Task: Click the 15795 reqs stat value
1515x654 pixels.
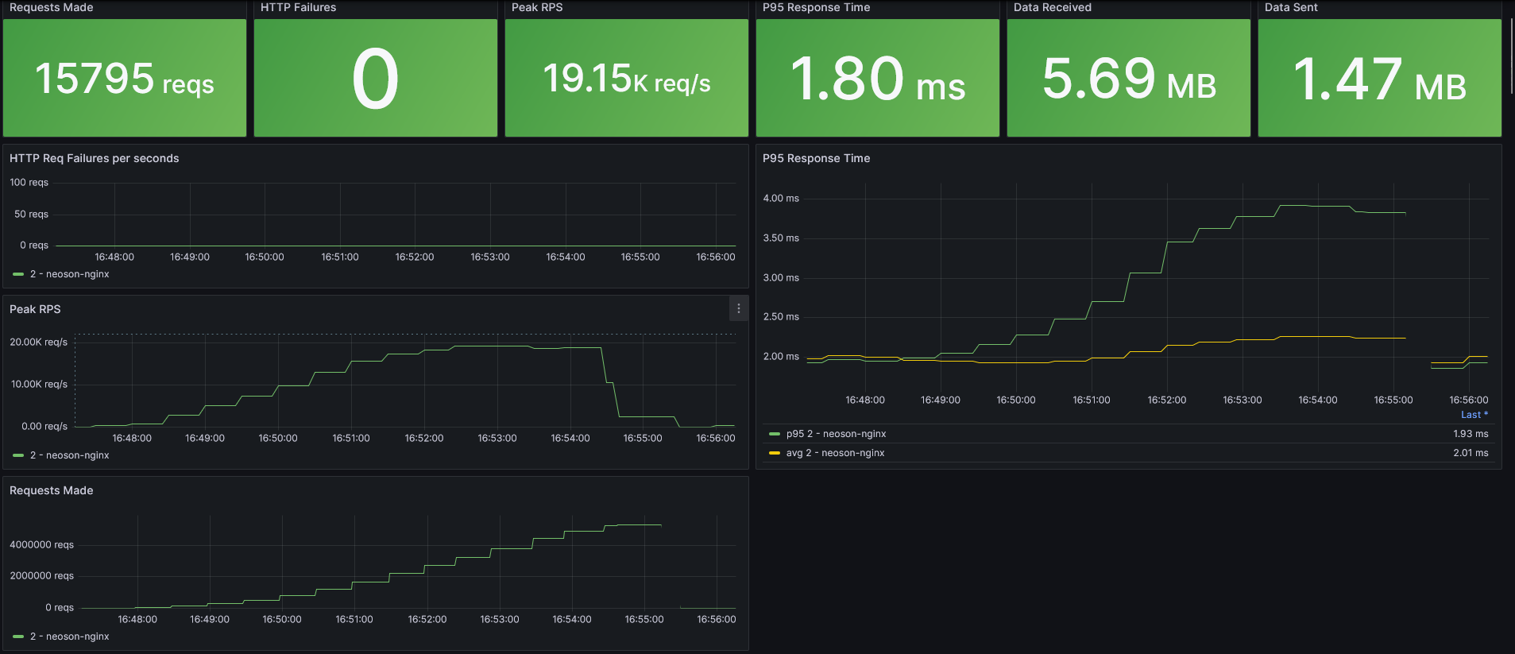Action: [x=124, y=79]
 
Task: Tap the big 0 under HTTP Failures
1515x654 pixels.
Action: [x=375, y=79]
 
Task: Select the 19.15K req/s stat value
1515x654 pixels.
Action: [x=626, y=79]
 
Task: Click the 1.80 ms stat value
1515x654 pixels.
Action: [x=877, y=79]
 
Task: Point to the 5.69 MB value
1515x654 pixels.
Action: [x=1128, y=79]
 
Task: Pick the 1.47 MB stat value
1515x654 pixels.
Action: [x=1379, y=79]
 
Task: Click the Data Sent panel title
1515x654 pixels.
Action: [x=1291, y=7]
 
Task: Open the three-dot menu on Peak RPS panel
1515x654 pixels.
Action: [x=739, y=308]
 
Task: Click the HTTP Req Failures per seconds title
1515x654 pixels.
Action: [x=94, y=158]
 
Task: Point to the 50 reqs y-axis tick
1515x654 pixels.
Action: [x=31, y=214]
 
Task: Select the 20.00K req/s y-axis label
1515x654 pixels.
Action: [x=38, y=342]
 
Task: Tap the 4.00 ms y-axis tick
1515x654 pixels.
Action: [x=781, y=198]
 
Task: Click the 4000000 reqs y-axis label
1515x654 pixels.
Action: [x=41, y=544]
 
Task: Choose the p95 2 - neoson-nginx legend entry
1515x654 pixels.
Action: [x=836, y=434]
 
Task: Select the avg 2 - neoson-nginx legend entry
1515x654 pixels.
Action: [x=835, y=453]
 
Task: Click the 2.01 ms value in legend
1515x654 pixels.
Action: [x=1471, y=453]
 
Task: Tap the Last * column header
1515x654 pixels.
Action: [x=1474, y=415]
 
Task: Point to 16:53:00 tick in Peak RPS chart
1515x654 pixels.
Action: [x=497, y=438]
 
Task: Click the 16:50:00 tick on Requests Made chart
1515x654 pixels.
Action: [x=282, y=619]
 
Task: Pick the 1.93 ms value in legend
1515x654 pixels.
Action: [x=1471, y=434]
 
